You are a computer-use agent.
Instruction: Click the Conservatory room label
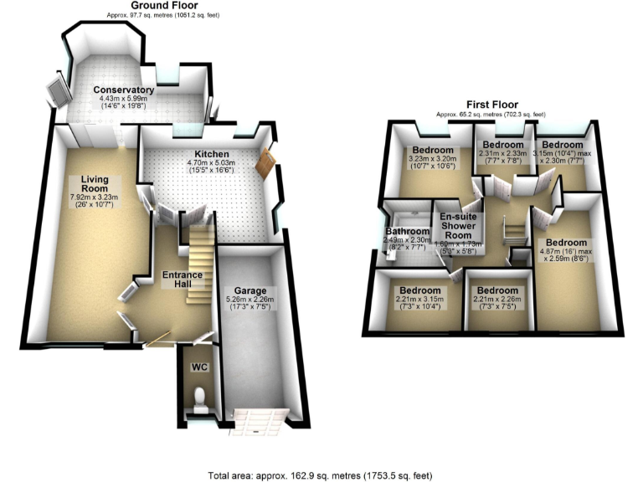(124, 90)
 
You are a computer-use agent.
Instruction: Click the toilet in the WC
(198, 398)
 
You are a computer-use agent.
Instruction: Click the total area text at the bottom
(321, 474)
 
